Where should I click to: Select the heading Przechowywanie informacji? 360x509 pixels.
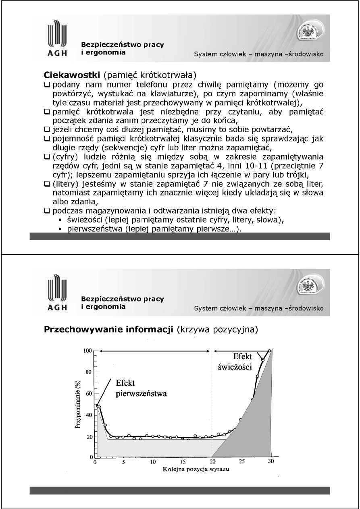click(108, 330)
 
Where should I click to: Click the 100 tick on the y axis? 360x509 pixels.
click(87, 351)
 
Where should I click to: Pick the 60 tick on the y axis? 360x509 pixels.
click(89, 394)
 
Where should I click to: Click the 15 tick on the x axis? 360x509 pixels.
click(183, 462)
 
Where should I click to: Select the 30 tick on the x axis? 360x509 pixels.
click(272, 462)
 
